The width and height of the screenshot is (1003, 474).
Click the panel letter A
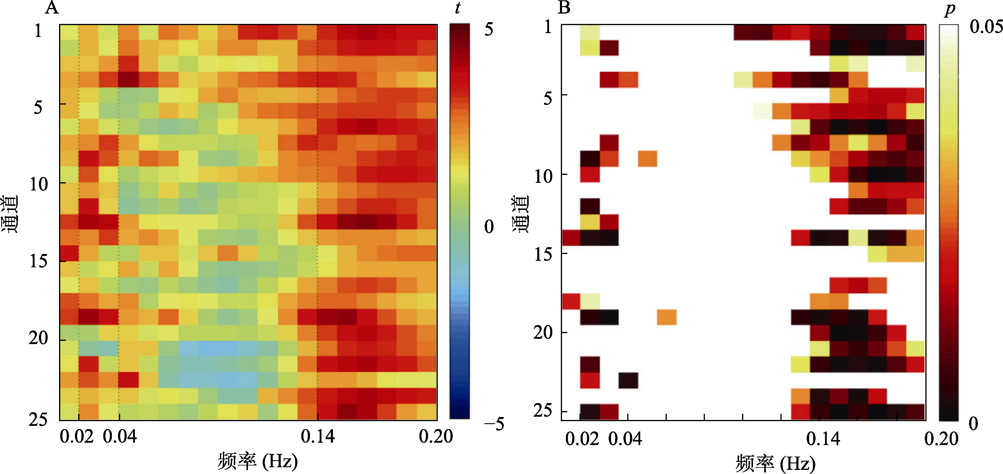[52, 7]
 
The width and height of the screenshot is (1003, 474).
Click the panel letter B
[564, 7]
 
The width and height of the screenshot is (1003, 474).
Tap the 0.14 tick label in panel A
[318, 436]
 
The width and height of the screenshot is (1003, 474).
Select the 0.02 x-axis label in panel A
[77, 436]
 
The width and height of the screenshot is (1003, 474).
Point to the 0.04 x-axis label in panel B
[625, 439]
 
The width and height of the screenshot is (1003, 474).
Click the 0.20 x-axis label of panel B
[941, 439]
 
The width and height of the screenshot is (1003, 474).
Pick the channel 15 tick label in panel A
[39, 261]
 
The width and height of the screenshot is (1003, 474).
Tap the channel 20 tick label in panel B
[543, 333]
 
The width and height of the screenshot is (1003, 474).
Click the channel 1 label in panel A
[38, 30]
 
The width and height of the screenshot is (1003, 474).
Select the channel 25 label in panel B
[543, 411]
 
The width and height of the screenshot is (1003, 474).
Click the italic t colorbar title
[458, 8]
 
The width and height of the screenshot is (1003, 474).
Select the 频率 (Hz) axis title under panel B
[775, 463]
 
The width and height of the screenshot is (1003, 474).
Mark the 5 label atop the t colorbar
[489, 30]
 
